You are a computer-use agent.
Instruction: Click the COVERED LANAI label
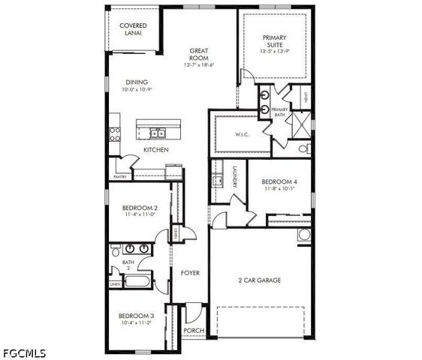[133, 29]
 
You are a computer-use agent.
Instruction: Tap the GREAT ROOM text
[199, 55]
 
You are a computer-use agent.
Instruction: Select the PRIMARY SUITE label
[274, 41]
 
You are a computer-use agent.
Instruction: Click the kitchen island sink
[158, 133]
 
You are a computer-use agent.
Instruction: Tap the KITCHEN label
[156, 150]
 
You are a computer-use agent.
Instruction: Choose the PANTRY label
[119, 177]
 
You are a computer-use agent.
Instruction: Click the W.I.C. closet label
[242, 135]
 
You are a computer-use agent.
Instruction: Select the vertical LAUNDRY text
[234, 176]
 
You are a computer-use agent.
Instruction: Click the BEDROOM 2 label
[139, 208]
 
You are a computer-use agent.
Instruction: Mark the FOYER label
[190, 273]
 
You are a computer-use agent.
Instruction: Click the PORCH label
[194, 331]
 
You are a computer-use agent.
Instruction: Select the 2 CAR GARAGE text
[260, 280]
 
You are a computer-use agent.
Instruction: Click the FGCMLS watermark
[24, 352]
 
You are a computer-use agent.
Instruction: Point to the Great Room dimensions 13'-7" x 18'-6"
[199, 65]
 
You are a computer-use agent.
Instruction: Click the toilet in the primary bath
[303, 149]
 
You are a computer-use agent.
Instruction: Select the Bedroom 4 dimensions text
[279, 189]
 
